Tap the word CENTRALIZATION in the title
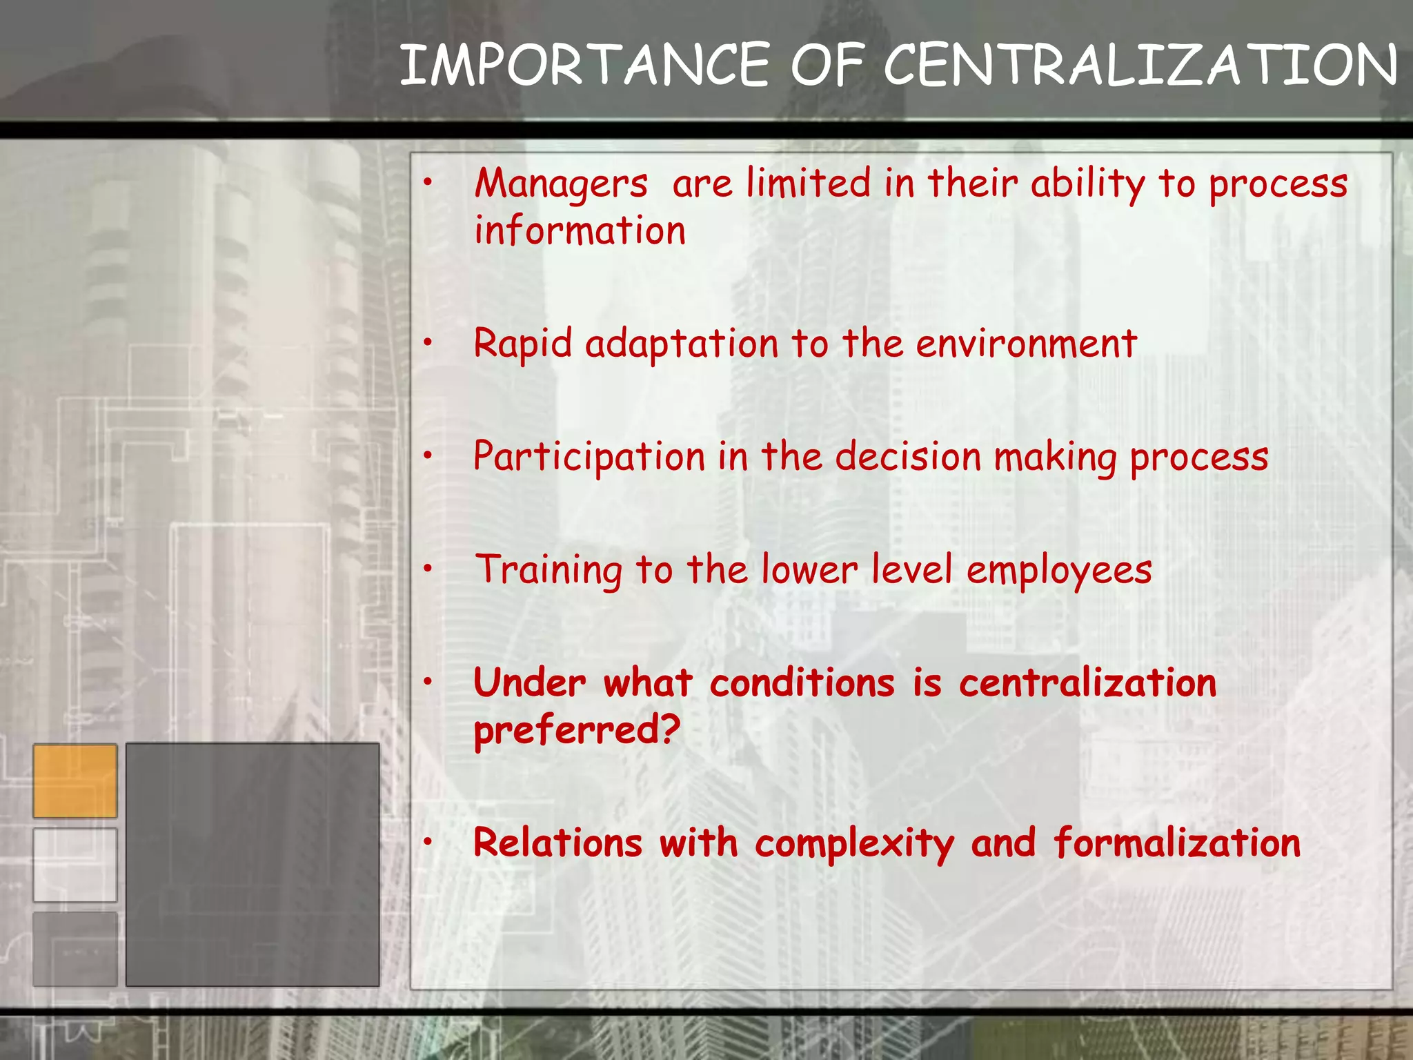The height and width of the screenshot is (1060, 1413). [1140, 65]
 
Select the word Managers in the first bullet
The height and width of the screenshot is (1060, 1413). [561, 185]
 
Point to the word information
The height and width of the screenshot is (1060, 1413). [580, 230]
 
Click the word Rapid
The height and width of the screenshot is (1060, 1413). [523, 344]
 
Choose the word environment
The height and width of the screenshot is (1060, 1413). [1026, 344]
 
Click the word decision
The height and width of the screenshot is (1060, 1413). [908, 457]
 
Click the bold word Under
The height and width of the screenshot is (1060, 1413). [530, 683]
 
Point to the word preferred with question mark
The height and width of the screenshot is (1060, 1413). [577, 730]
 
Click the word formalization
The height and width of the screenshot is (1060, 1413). [1176, 843]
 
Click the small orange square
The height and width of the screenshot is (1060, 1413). [75, 781]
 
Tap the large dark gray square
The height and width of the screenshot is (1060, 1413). [253, 864]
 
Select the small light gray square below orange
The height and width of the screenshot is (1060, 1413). [75, 865]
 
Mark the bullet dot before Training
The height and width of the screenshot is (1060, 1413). [428, 569]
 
